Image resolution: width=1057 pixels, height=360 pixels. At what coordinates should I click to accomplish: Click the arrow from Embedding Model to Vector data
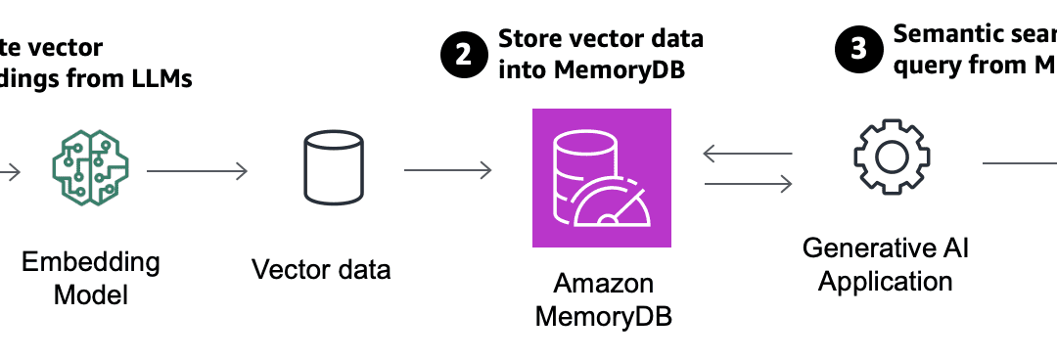(x=197, y=172)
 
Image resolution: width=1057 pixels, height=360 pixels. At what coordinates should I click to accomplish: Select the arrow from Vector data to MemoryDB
(x=447, y=171)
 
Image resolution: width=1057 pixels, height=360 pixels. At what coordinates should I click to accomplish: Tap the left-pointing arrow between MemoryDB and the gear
(x=748, y=153)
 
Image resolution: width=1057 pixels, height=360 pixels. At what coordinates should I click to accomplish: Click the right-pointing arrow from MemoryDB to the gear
(x=748, y=183)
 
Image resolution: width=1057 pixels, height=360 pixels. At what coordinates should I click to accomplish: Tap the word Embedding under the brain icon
(x=91, y=262)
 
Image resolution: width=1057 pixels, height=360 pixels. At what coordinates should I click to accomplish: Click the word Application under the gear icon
(x=885, y=282)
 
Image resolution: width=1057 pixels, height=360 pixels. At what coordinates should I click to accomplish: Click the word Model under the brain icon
(x=91, y=294)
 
